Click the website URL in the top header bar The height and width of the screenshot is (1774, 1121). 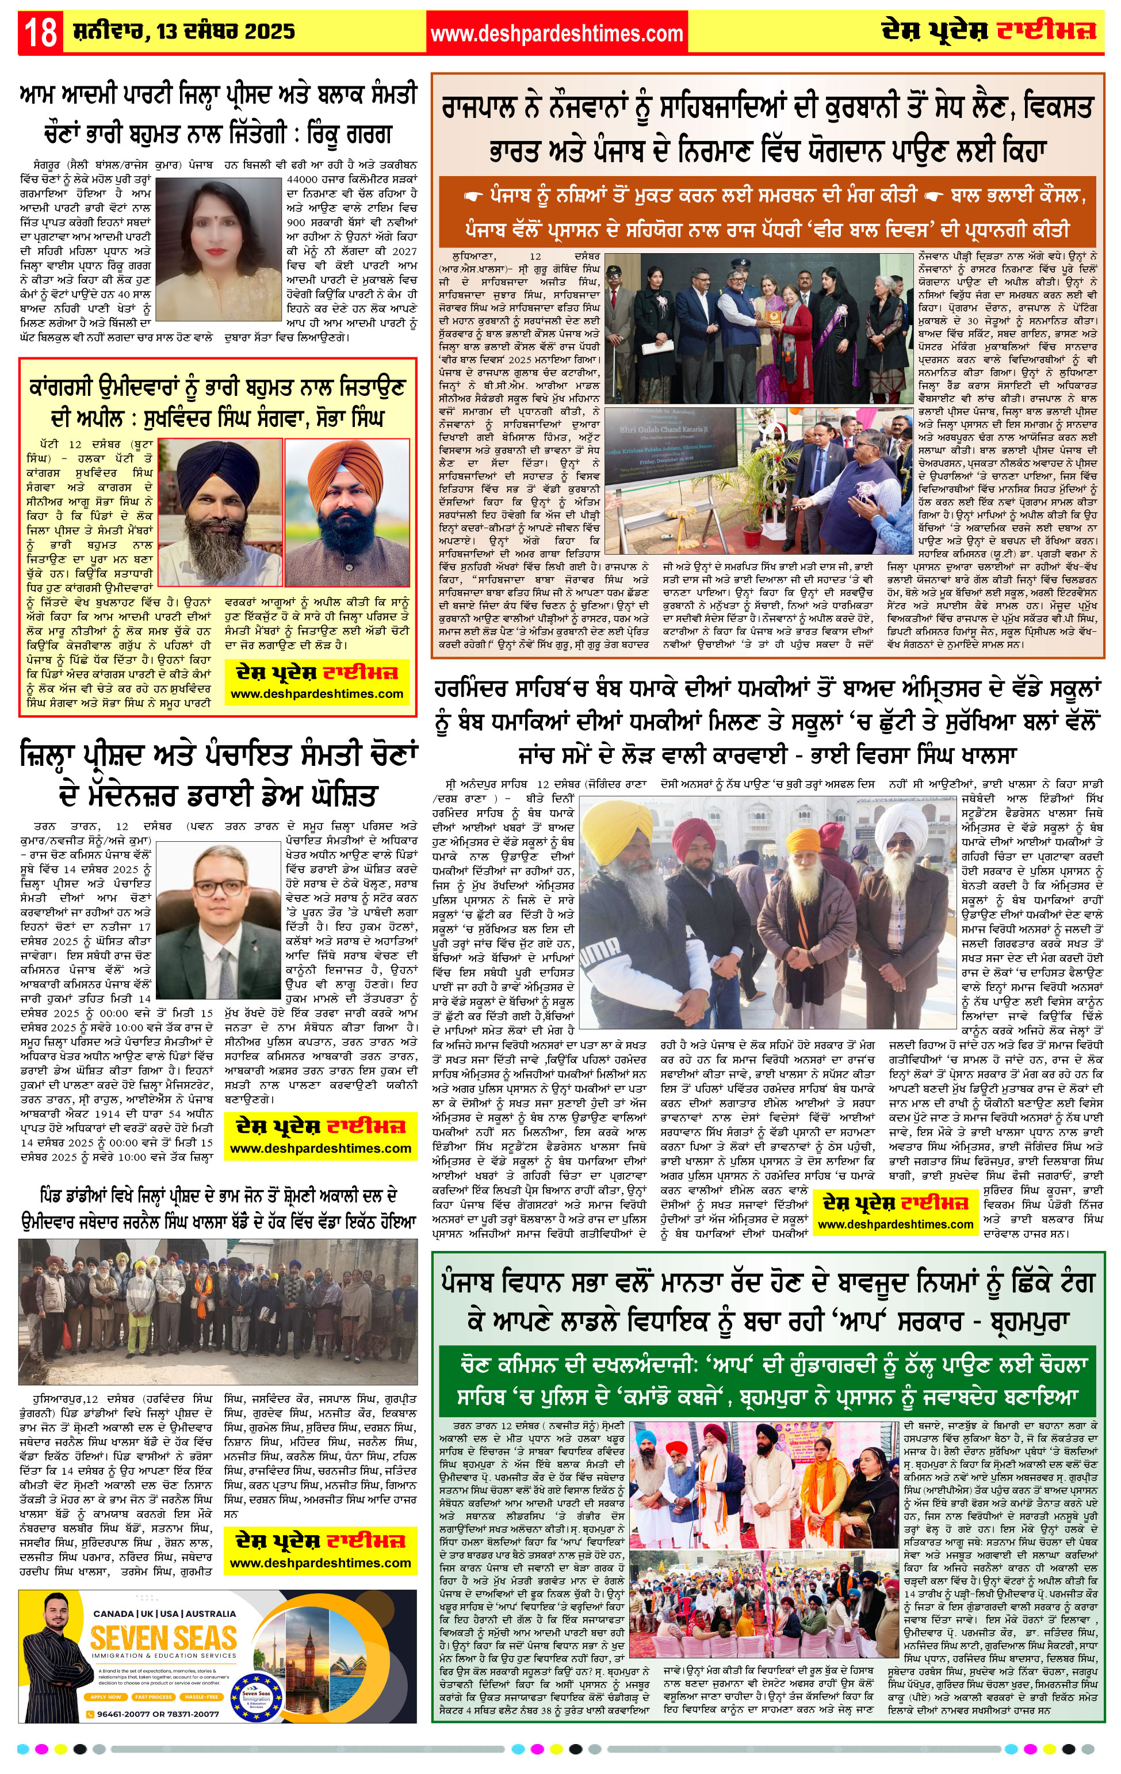(x=556, y=34)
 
